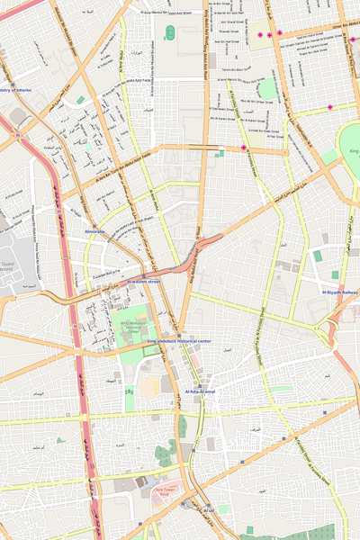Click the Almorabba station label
coord(94,232)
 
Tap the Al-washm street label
coord(143,282)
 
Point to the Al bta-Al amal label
coord(202,392)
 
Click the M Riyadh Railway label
coord(340,292)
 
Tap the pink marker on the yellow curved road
coord(243,148)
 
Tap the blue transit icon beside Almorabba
coord(94,225)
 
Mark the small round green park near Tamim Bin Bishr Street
coord(266,88)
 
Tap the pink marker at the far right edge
coord(354,40)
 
